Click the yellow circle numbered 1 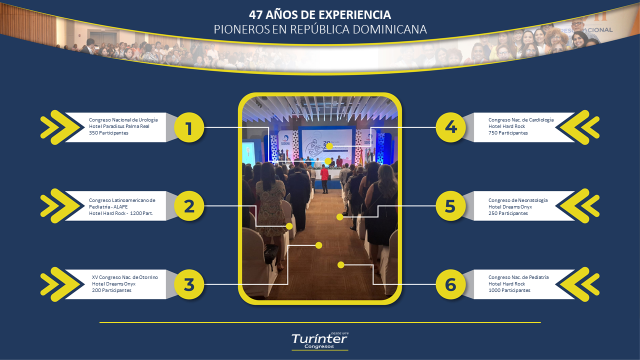189,127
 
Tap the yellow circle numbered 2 189,206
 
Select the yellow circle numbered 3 189,284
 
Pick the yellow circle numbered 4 451,127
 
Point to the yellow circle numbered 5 451,206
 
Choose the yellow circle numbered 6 451,284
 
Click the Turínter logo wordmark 319,339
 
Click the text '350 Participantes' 108,133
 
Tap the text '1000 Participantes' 509,290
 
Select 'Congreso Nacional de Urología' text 123,120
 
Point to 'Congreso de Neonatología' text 518,200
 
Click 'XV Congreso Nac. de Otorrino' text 125,277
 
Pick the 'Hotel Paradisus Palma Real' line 119,126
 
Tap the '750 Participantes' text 508,133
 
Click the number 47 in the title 255,15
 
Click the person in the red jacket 324,179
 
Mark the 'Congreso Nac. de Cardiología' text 521,120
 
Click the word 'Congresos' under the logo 319,346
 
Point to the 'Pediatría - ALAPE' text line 108,207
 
